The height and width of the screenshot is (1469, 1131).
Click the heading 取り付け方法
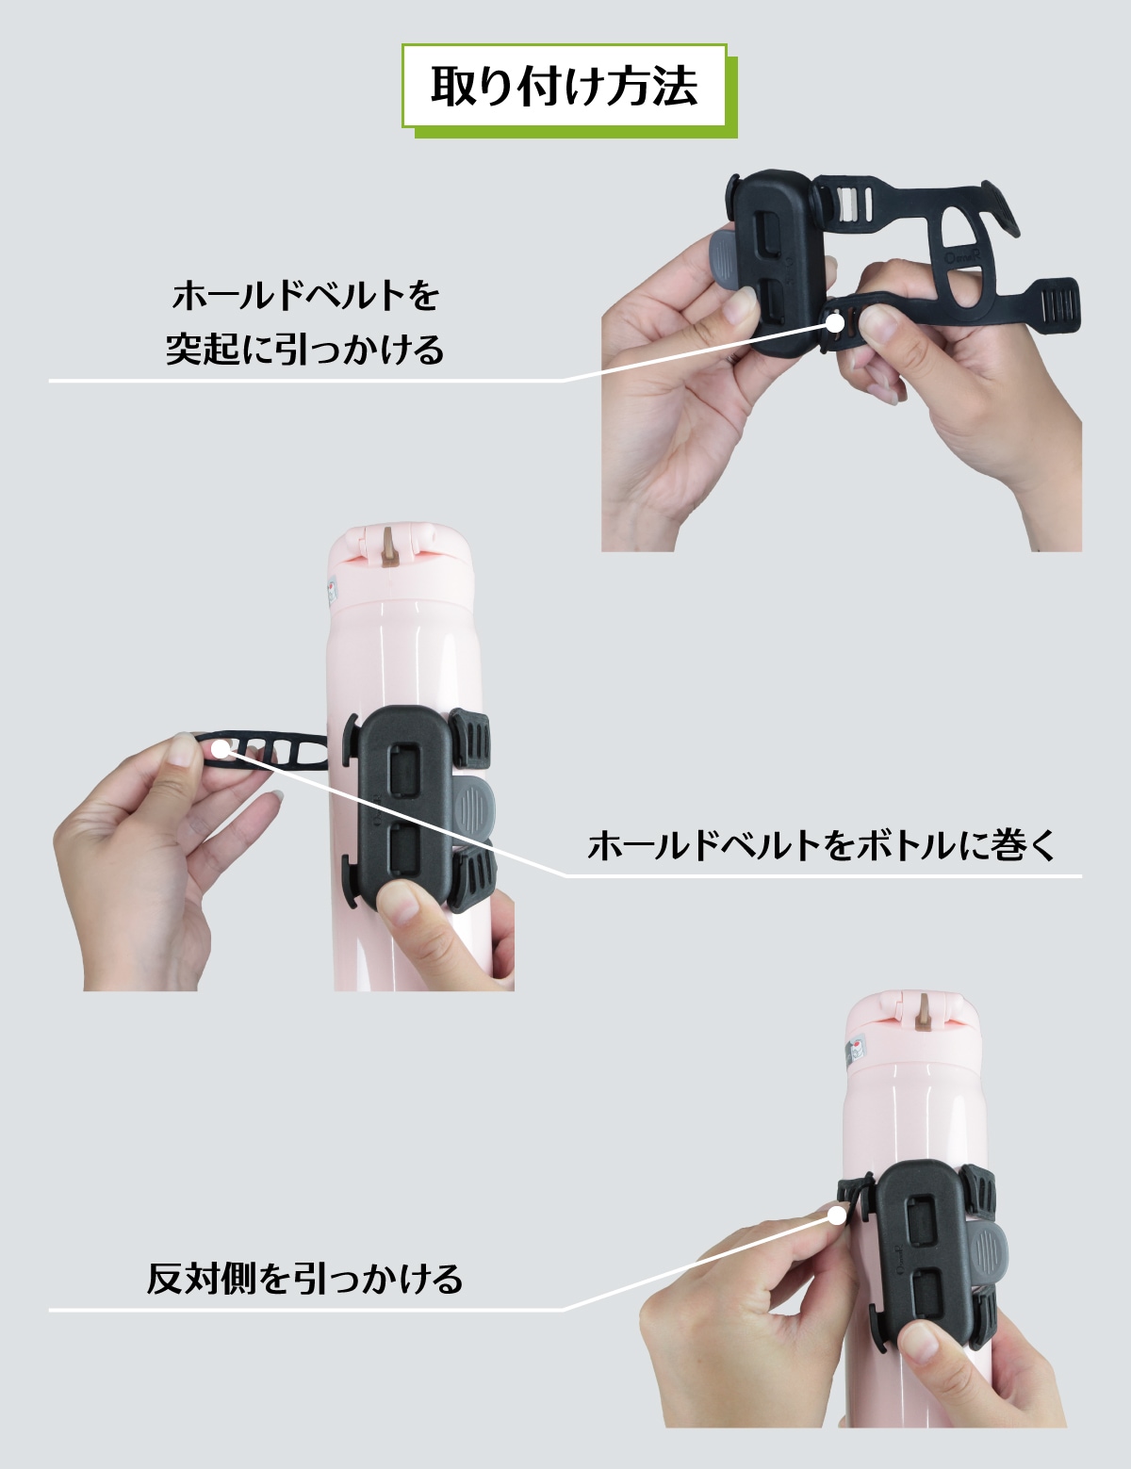pyautogui.click(x=564, y=87)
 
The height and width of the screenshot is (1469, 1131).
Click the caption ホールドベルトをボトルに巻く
pyautogui.click(x=821, y=845)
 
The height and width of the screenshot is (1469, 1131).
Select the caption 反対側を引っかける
pyautogui.click(x=304, y=1279)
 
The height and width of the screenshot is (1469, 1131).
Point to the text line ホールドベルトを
pyautogui.click(x=305, y=296)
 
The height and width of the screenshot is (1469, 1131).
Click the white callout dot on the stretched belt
pyautogui.click(x=221, y=748)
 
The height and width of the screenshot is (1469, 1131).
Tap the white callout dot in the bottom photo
pyautogui.click(x=837, y=1216)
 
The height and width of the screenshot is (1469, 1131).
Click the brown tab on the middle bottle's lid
pyautogui.click(x=391, y=547)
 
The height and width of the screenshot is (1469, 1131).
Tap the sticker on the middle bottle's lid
pyautogui.click(x=332, y=590)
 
